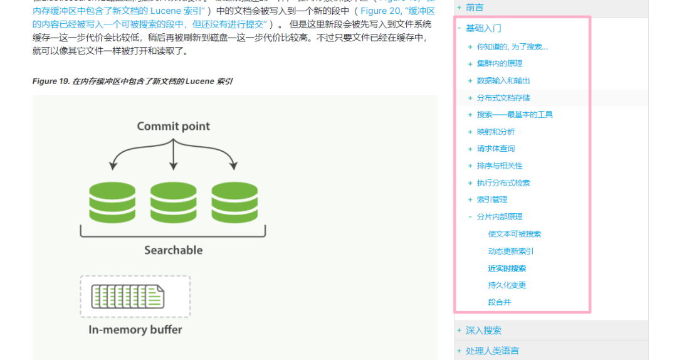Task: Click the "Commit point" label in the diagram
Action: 173,126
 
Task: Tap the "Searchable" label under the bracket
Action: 173,250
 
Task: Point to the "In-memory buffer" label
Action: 135,329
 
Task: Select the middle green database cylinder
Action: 173,201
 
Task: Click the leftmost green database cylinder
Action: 112,201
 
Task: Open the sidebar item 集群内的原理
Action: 499,64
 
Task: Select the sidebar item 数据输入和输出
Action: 503,81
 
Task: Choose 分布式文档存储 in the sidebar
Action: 503,98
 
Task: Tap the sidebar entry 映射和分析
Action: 495,132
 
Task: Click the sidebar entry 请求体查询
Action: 495,149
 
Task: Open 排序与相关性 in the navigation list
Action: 499,166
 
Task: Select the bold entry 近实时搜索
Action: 506,268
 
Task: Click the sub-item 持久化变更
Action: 506,285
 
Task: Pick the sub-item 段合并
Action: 499,302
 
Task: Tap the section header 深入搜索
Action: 483,331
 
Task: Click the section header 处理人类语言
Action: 492,351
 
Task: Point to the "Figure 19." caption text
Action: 51,82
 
